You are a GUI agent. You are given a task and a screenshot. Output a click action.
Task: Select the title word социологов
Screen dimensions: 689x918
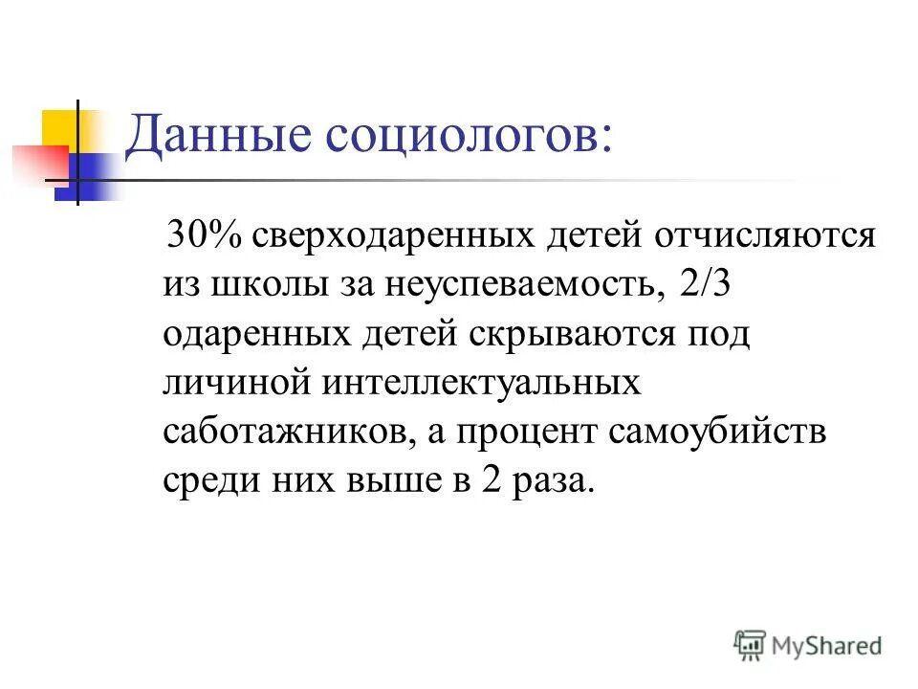click(x=470, y=136)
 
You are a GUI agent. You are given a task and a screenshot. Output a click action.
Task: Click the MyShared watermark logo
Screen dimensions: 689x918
click(x=808, y=644)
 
